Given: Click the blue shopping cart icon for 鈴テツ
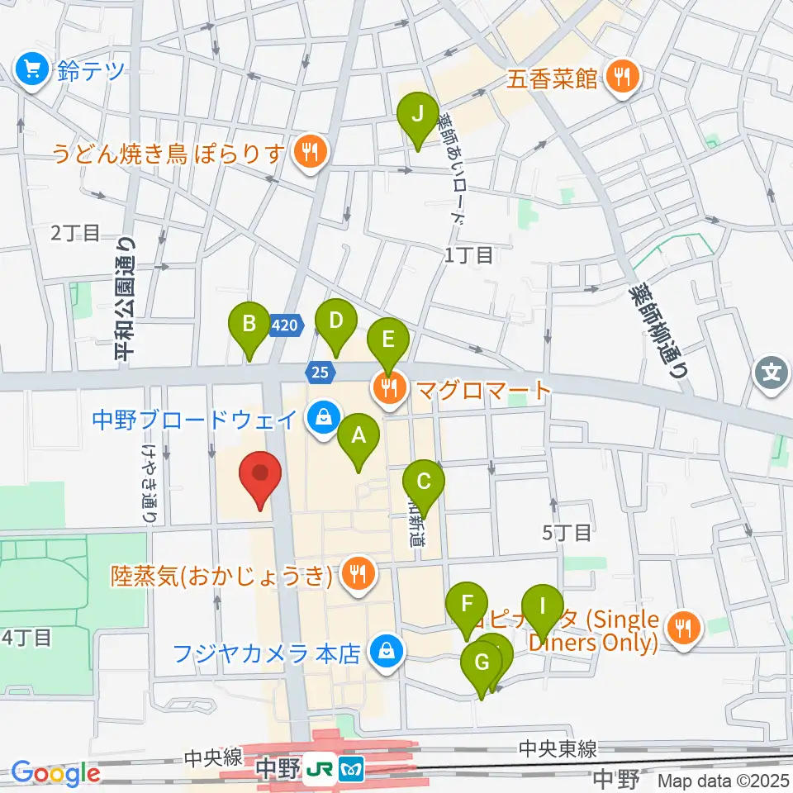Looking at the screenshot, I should [x=34, y=71].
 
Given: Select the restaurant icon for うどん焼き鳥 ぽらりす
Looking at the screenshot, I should [x=310, y=152].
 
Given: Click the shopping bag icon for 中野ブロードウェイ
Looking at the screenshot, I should [x=323, y=416].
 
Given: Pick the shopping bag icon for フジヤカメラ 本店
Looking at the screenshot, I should [x=385, y=653].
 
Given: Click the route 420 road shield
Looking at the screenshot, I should [x=283, y=326].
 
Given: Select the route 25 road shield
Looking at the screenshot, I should [x=319, y=372].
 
